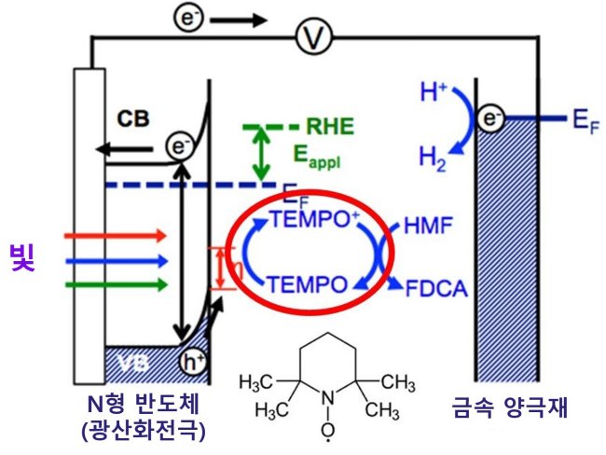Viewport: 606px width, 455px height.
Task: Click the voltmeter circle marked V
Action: pos(314,37)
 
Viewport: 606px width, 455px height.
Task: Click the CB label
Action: pos(133,119)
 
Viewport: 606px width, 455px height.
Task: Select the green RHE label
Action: pos(330,126)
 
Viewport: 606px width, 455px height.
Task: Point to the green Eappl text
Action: pos(317,157)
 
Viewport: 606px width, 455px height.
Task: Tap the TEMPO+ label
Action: pos(314,219)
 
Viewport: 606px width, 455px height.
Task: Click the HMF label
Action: pos(428,226)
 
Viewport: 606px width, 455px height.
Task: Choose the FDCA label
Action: pos(436,288)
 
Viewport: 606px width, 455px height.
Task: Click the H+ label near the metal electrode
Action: pos(434,93)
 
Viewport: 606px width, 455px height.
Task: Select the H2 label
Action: pos(433,159)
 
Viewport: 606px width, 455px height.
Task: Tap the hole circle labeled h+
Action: pos(193,362)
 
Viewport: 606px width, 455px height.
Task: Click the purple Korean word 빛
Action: pos(22,258)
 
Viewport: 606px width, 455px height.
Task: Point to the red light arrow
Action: pos(116,235)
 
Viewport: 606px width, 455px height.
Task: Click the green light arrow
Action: pos(116,285)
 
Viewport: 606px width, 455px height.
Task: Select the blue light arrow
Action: pos(116,262)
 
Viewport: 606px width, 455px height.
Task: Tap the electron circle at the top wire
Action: pos(187,18)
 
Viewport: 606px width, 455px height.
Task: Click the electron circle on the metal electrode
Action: pos(489,117)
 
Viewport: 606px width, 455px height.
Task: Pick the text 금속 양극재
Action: pos(510,407)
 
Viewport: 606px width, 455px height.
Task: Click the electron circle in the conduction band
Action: pos(180,147)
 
